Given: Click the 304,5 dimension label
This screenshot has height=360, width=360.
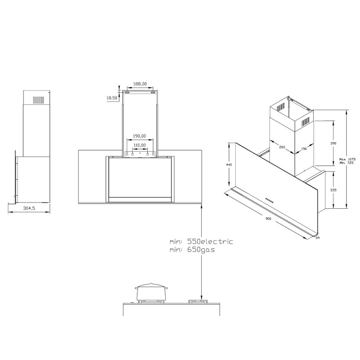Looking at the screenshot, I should click(29, 208).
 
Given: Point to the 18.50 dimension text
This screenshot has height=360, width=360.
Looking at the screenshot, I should click(112, 98).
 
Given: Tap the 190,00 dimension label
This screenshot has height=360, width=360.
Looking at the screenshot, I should click(139, 135).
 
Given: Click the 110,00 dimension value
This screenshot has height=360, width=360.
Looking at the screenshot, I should click(139, 145).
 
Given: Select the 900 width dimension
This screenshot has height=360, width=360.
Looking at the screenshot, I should click(268, 219).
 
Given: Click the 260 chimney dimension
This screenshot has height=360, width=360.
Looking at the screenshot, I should click(282, 147).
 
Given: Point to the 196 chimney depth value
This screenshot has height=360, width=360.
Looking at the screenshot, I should click(304, 148).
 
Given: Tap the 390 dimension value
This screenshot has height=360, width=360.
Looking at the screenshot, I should click(333, 143).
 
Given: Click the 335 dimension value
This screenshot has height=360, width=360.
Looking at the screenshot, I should click(333, 190).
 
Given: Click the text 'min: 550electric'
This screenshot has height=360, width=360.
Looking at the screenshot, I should click(201, 242).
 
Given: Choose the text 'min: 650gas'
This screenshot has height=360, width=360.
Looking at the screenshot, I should click(192, 249).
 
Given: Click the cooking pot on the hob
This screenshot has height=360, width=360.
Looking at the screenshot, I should click(150, 293).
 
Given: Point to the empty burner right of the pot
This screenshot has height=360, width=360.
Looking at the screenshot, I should click(198, 301).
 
